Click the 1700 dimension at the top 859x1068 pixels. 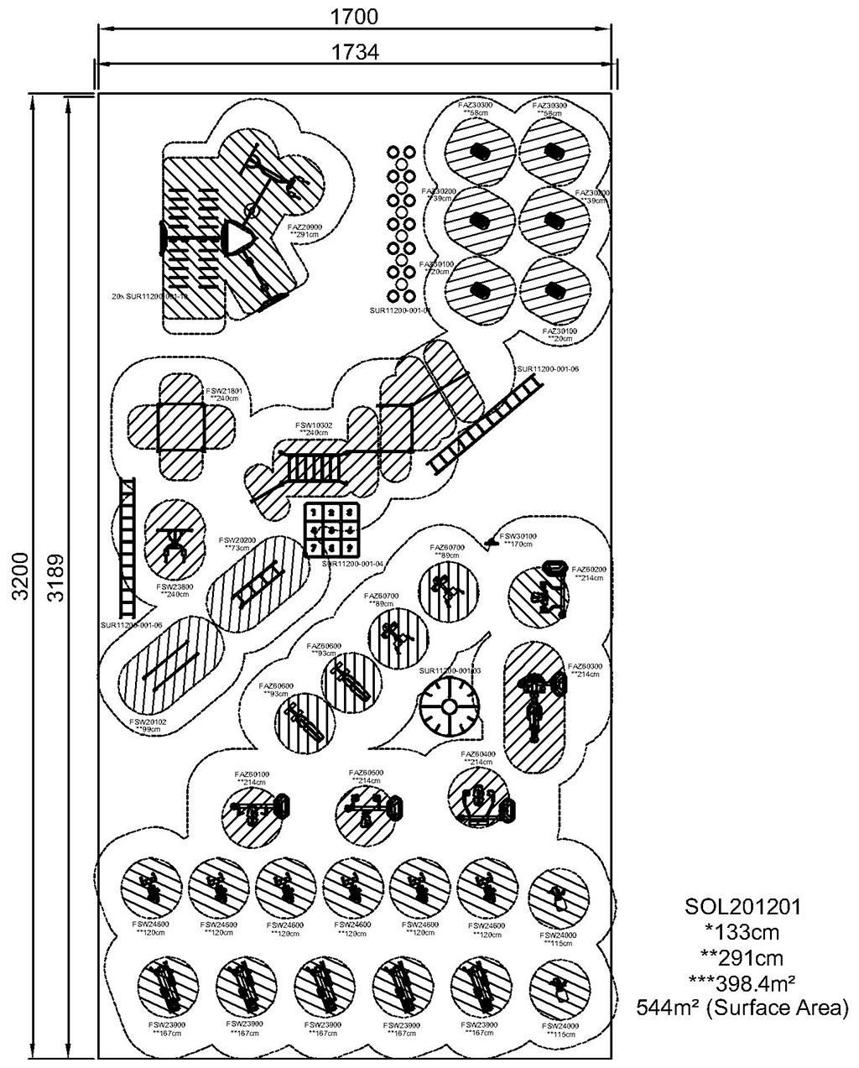click(355, 16)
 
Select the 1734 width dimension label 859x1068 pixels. click(355, 52)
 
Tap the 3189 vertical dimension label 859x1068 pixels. click(55, 576)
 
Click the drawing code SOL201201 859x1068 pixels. click(742, 906)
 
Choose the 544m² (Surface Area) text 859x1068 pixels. click(742, 1007)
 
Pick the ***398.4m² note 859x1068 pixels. click(742, 982)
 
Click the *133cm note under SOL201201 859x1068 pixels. click(742, 931)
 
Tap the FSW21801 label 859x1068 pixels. click(224, 391)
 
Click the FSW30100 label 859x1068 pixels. click(518, 536)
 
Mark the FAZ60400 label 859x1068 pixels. click(478, 754)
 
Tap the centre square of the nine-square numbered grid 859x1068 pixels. click(331, 530)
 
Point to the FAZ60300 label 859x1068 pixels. click(585, 667)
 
